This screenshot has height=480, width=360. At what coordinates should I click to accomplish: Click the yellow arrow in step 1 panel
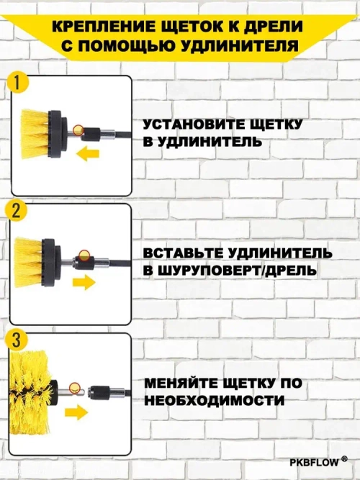click(x=89, y=153)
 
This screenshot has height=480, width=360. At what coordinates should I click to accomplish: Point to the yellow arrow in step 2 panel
click(x=85, y=281)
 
